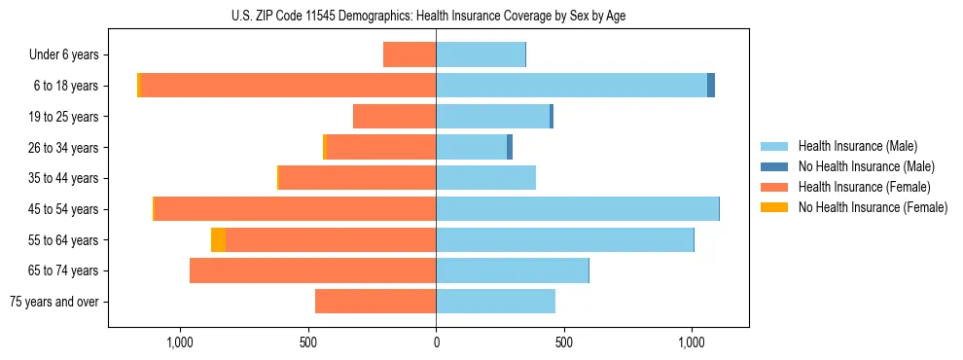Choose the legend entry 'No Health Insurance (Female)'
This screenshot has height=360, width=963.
click(873, 207)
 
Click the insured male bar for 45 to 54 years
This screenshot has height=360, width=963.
click(577, 209)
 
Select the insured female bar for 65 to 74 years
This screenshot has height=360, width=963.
click(312, 270)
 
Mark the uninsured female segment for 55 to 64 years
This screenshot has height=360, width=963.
click(218, 240)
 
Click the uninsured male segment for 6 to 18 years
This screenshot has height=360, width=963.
click(711, 86)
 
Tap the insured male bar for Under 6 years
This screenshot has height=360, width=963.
click(481, 55)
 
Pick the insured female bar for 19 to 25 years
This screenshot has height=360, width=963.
click(394, 117)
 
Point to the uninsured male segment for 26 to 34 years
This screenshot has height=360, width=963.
click(510, 148)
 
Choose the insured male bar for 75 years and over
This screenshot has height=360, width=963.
click(495, 302)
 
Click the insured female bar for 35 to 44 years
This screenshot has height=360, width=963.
click(357, 178)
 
